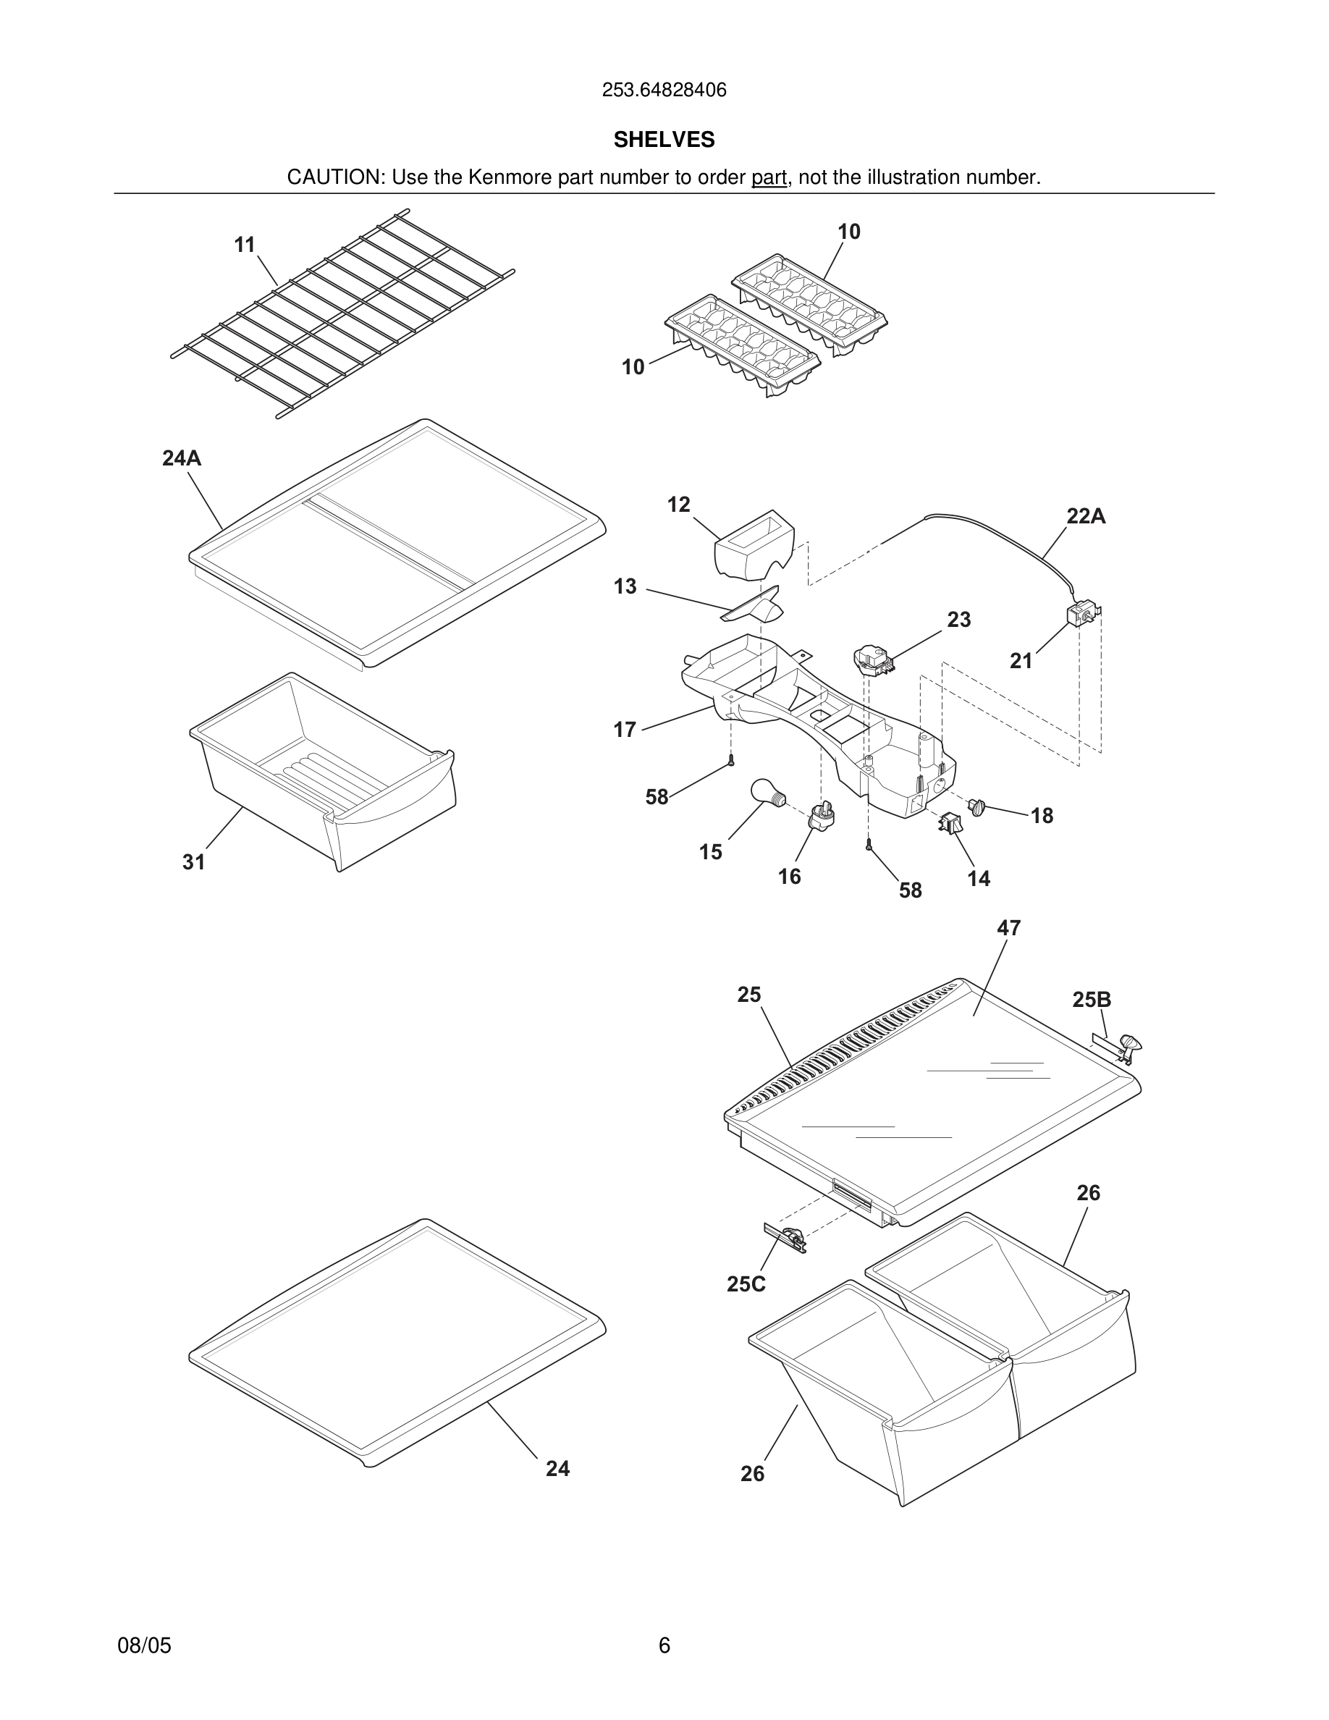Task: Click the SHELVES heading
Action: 664,140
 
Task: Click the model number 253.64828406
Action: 664,90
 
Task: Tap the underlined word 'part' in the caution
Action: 769,177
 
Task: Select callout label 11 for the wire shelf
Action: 245,245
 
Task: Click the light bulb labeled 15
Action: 766,791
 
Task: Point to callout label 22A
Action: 1086,516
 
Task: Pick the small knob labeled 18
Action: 977,806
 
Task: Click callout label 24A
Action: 182,458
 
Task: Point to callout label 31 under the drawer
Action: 194,861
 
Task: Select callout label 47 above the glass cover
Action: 1008,928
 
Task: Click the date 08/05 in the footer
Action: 144,1645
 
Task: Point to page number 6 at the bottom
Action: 664,1645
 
